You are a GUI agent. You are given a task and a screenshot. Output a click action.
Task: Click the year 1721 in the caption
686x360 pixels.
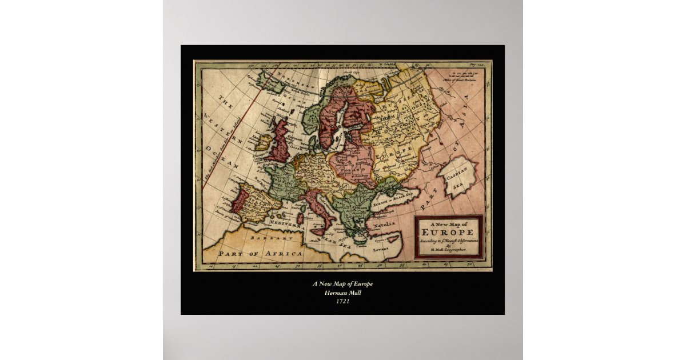(x=342, y=301)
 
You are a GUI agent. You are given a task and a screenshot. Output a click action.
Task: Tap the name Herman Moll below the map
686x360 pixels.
(x=342, y=293)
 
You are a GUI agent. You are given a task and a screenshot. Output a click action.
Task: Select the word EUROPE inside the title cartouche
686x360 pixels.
(x=448, y=233)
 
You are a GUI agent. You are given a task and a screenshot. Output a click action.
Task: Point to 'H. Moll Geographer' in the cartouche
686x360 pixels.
(x=448, y=250)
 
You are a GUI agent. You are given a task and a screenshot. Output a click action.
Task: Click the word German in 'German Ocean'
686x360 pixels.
(x=296, y=138)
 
